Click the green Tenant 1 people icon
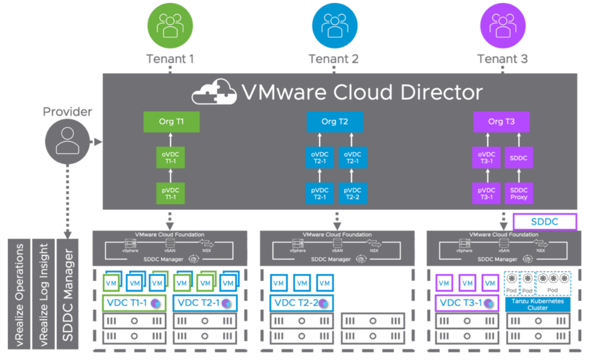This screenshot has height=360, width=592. click(170, 26)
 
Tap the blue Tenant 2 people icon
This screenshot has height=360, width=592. click(333, 26)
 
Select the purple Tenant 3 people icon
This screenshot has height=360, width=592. click(502, 26)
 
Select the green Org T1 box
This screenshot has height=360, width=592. click(171, 121)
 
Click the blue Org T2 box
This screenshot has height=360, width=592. click(335, 121)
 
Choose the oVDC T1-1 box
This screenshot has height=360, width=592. click(171, 158)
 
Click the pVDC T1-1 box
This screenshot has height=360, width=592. click(171, 193)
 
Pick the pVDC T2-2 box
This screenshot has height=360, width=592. click(350, 193)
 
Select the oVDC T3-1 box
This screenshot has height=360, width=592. click(487, 158)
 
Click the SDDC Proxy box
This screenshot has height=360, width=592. click(518, 193)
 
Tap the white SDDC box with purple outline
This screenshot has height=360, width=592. click(545, 222)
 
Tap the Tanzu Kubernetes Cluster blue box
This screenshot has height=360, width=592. click(538, 304)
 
